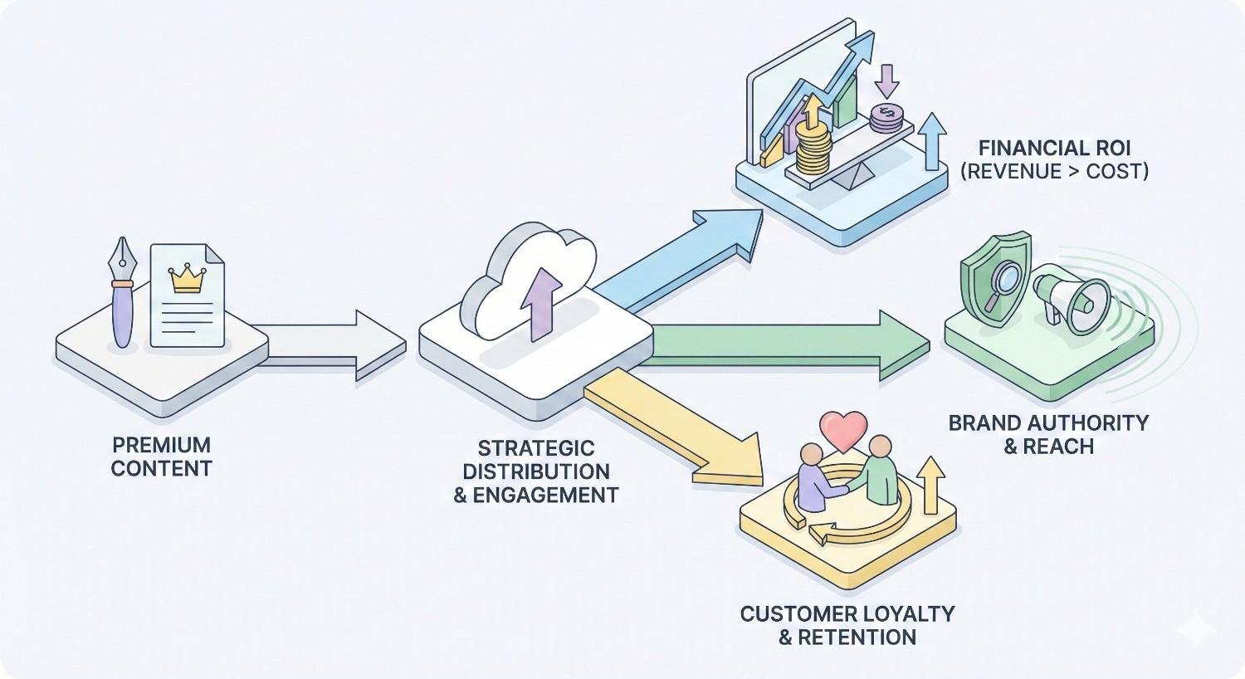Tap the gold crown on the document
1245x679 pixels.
pyautogui.click(x=186, y=279)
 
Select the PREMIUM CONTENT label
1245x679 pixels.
pyautogui.click(x=161, y=456)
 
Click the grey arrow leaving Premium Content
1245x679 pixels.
pyautogui.click(x=332, y=345)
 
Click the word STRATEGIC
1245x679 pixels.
pyautogui.click(x=536, y=448)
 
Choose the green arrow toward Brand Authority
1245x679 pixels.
pyautogui.click(x=788, y=344)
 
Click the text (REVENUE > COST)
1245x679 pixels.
pyautogui.click(x=1054, y=172)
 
